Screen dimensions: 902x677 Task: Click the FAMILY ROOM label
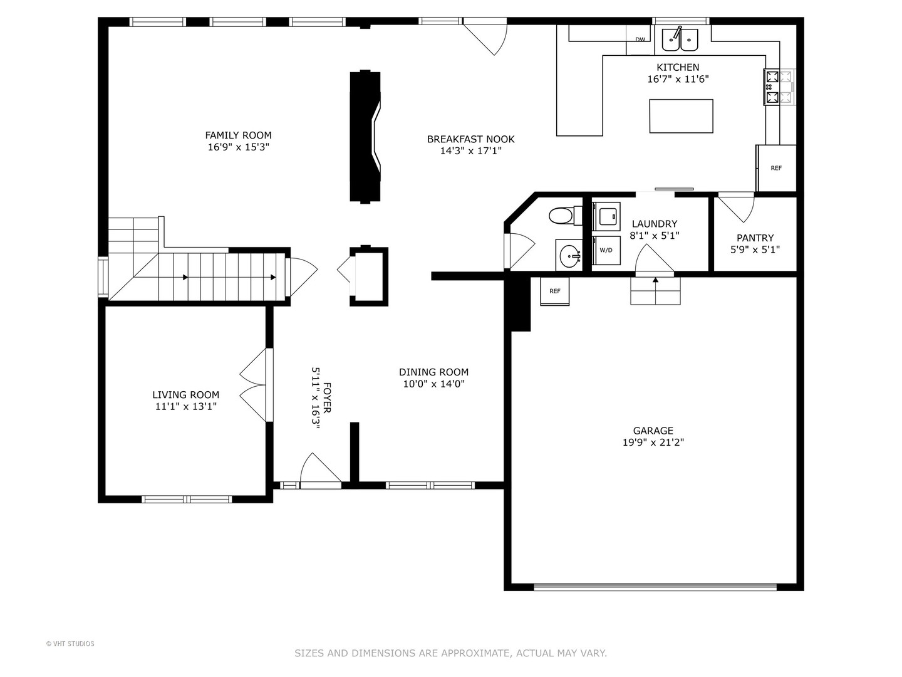[239, 135]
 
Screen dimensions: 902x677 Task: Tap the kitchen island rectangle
[681, 116]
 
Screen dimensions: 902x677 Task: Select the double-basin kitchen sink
[680, 40]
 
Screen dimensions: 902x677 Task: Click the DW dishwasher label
[640, 39]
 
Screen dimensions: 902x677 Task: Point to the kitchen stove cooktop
[779, 87]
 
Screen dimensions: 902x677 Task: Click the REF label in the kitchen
[776, 168]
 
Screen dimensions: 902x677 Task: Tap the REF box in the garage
[555, 291]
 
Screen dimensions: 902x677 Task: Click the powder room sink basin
[569, 255]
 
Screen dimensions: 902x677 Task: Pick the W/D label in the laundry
[606, 250]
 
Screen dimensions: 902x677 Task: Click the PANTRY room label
[755, 238]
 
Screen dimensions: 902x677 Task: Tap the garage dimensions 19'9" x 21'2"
[653, 443]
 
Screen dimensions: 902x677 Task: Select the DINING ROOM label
[433, 372]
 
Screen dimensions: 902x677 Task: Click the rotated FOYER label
[328, 397]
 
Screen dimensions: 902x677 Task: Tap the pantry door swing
[737, 207]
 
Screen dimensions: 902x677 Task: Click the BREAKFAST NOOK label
[470, 139]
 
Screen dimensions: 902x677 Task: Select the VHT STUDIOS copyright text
[70, 644]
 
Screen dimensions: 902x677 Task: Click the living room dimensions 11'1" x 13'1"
[186, 407]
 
